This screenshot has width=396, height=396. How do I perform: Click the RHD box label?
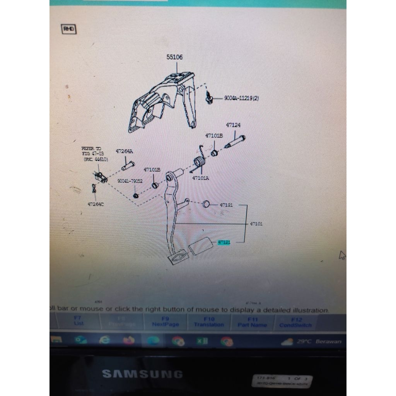coord(69,29)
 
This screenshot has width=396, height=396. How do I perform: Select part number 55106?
coord(175,57)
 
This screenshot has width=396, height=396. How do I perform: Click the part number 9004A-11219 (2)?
coord(241,98)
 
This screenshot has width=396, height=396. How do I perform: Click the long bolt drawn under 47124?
coord(235,142)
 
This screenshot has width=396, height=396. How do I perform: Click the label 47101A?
coord(201,178)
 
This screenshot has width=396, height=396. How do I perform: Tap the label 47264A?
coord(124,152)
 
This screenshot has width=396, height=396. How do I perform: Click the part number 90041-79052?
coord(130,181)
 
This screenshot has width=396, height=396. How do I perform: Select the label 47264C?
coord(96,204)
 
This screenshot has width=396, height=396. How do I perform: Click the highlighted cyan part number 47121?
coord(224,242)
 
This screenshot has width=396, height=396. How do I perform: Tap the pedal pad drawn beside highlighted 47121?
coord(200,245)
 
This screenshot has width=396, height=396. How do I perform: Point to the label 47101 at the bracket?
coord(256,224)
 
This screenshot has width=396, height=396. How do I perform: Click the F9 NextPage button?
coord(166,322)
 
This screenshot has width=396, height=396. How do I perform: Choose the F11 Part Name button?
coord(252,322)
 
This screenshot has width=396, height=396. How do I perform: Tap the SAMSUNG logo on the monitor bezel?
coord(142,374)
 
